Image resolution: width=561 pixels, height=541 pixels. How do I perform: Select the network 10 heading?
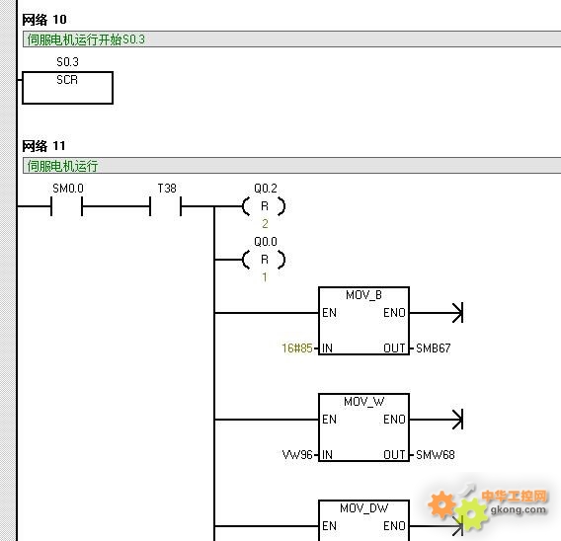[44, 20]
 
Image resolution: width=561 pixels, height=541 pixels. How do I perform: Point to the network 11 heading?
[43, 146]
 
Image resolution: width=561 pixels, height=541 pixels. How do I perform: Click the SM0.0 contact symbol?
[67, 206]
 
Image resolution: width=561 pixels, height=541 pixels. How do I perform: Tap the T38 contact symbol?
[166, 206]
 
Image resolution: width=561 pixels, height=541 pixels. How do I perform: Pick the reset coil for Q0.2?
[264, 206]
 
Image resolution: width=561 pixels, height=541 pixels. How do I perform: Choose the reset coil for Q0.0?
[264, 260]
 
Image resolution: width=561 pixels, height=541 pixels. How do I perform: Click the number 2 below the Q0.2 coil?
[265, 224]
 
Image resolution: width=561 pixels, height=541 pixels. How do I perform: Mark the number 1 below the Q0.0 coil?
[265, 277]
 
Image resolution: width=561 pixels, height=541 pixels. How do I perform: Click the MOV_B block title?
[363, 295]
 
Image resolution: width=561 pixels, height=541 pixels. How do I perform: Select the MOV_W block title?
[363, 402]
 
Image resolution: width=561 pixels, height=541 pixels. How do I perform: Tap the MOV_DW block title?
[363, 508]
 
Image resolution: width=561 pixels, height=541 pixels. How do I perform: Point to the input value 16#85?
[297, 348]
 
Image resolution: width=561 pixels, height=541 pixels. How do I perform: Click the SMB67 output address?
[434, 348]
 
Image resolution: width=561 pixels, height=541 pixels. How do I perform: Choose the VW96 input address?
[297, 455]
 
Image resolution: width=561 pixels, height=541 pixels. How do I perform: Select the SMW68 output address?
[436, 455]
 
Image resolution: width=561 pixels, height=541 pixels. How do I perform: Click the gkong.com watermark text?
[519, 509]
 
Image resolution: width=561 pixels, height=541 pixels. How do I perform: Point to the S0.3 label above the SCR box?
[67, 62]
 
